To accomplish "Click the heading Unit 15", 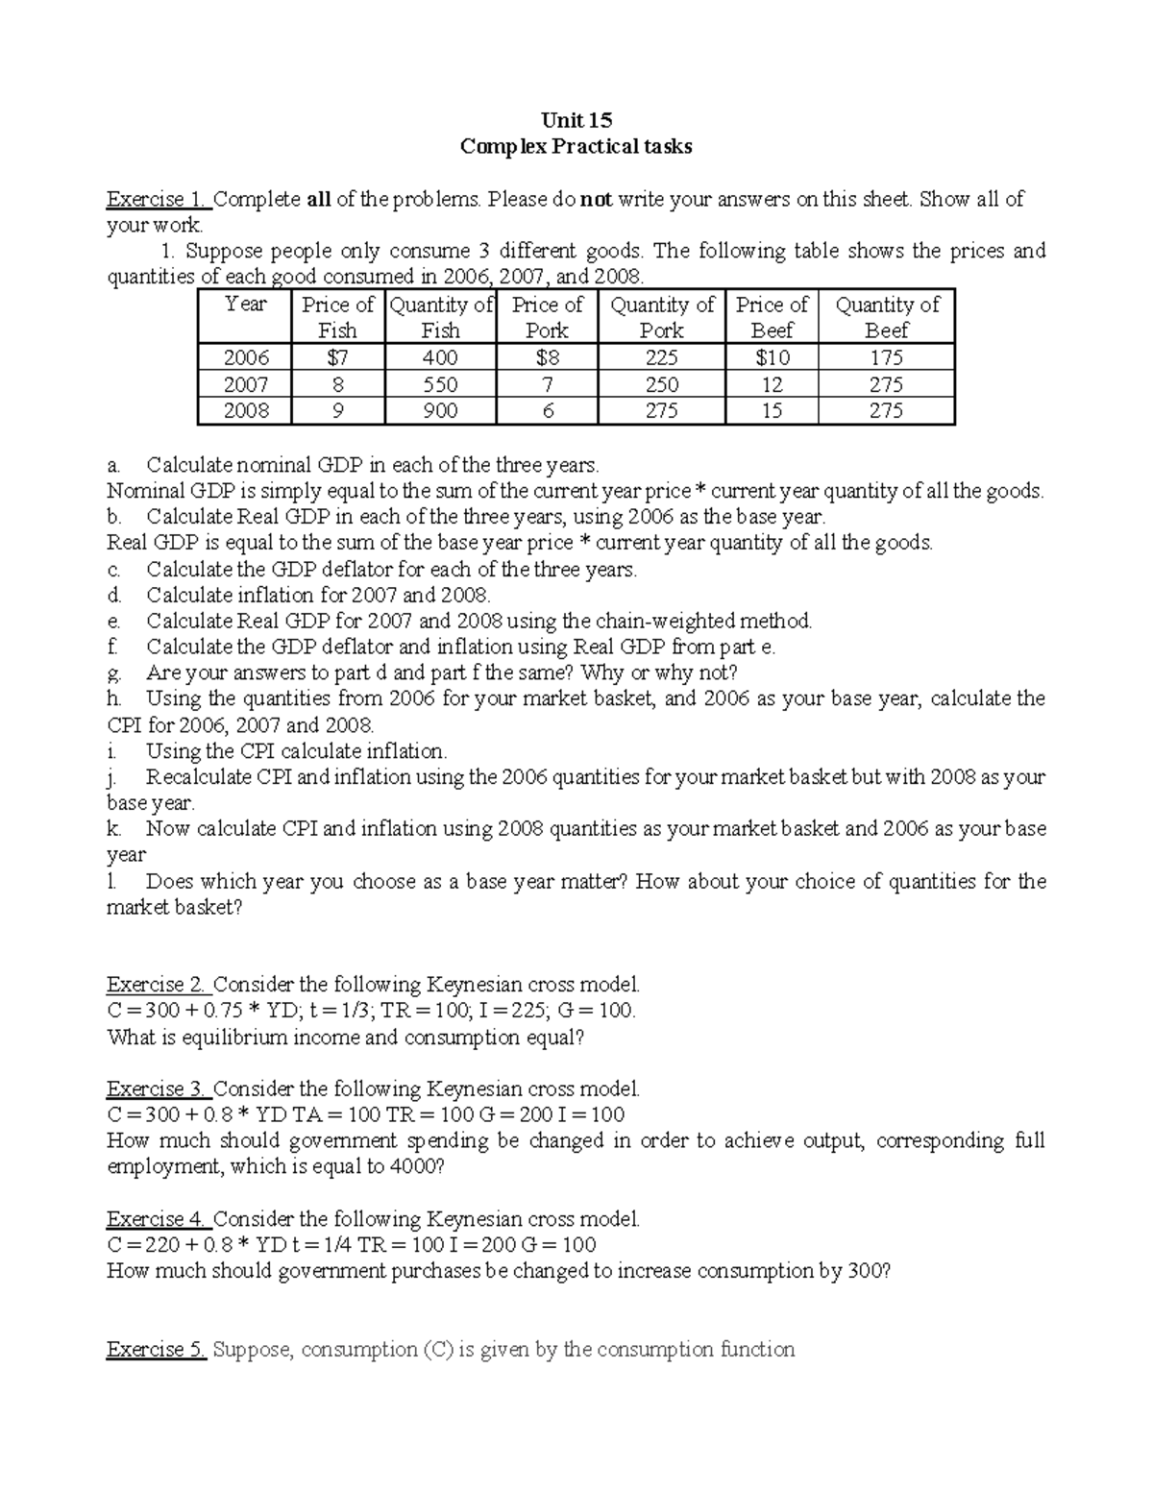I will pos(576,120).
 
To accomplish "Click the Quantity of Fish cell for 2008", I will pos(440,411).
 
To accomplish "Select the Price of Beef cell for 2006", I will pos(772,357).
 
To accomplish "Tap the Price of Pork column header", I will pos(547,317).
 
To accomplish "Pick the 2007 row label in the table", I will pos(246,384).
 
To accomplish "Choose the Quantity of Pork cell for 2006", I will pos(661,357).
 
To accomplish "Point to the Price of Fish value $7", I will pos(337,357).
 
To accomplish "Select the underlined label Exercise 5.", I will pos(156,1350).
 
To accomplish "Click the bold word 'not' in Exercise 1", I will pos(596,200).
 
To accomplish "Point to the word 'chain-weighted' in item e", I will pos(683,621).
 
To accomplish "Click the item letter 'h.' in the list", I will pos(113,698).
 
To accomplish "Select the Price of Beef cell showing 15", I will pos(772,411).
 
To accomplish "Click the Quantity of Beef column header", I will pos(887,317).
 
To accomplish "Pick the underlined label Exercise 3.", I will pos(156,1089).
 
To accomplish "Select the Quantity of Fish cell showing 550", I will pos(440,384).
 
